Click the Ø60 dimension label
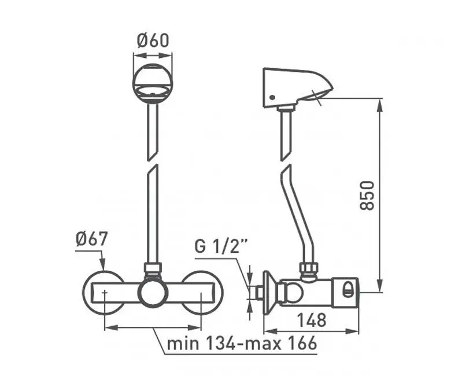pos(153,40)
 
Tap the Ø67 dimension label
pos(91,239)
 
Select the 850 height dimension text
pos(367,196)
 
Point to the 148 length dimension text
pos(312,320)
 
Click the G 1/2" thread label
pos(221,246)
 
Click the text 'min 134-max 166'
pos(242,343)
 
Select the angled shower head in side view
pos(298,88)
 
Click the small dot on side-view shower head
pos(272,98)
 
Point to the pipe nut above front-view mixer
pos(152,268)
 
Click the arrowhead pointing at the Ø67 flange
pos(103,266)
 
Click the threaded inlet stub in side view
pos(258,293)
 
